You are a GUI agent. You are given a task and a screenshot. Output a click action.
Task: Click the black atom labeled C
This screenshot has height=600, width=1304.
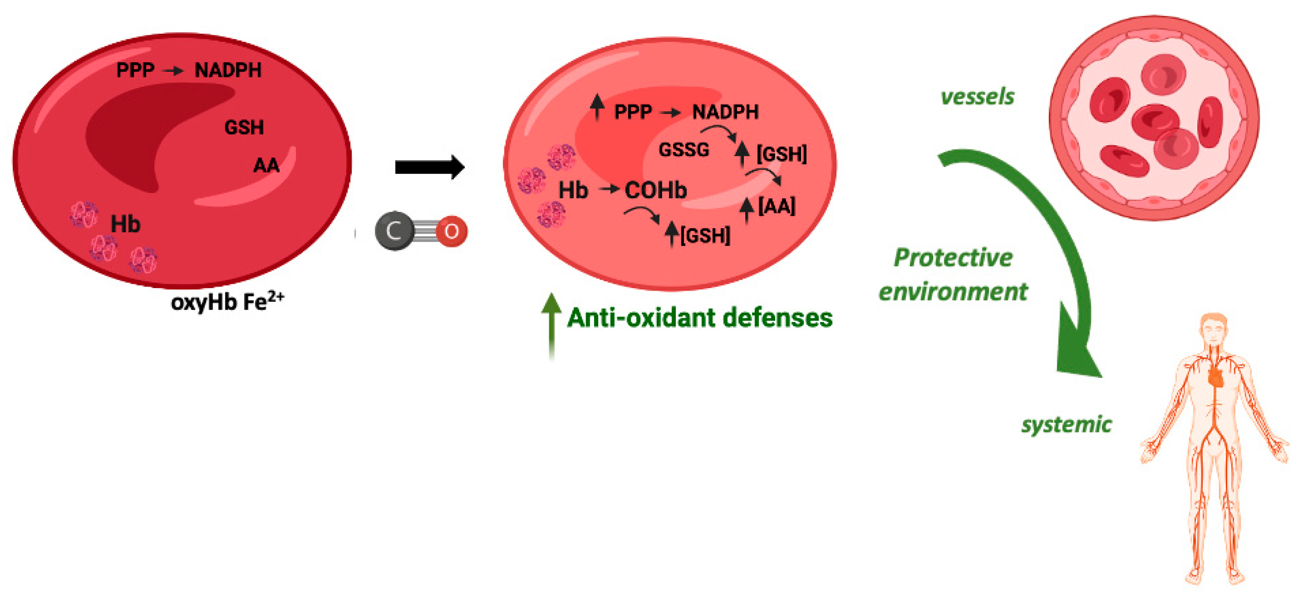point(394,231)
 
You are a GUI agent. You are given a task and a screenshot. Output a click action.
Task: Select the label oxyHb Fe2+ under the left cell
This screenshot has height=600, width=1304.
point(227,302)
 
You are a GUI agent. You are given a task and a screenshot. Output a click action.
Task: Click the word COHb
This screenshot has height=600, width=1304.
point(656,190)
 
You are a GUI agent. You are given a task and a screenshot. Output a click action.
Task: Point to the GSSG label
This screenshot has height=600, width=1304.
point(684,150)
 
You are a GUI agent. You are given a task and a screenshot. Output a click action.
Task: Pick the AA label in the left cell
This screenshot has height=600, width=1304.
point(266,165)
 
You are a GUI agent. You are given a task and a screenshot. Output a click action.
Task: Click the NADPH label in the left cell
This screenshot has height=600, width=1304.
point(228,70)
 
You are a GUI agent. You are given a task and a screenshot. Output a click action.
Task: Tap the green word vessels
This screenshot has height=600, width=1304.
point(977,96)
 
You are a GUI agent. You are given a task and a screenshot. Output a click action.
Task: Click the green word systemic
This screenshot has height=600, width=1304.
point(1066,424)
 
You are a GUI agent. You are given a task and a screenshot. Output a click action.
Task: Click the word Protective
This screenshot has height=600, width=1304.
point(953,258)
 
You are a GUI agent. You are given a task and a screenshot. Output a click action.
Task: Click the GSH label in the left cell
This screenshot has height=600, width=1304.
point(244,127)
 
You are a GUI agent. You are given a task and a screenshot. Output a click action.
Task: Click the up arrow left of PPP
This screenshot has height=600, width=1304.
point(597,107)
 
